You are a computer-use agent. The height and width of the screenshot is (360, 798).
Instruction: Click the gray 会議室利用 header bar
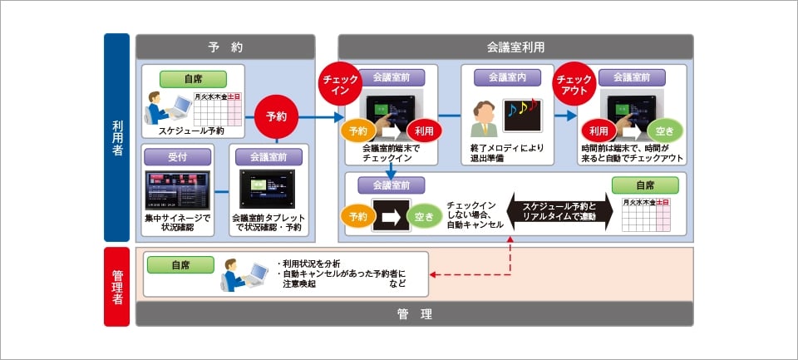(x=515, y=47)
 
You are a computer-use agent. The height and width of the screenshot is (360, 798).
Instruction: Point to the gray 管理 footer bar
(x=414, y=313)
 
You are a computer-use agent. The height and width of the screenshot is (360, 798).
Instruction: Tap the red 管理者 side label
(x=117, y=287)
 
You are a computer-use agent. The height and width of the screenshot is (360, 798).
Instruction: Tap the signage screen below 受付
(x=177, y=189)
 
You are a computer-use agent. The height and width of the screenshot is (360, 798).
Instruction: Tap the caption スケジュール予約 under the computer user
(x=193, y=131)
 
